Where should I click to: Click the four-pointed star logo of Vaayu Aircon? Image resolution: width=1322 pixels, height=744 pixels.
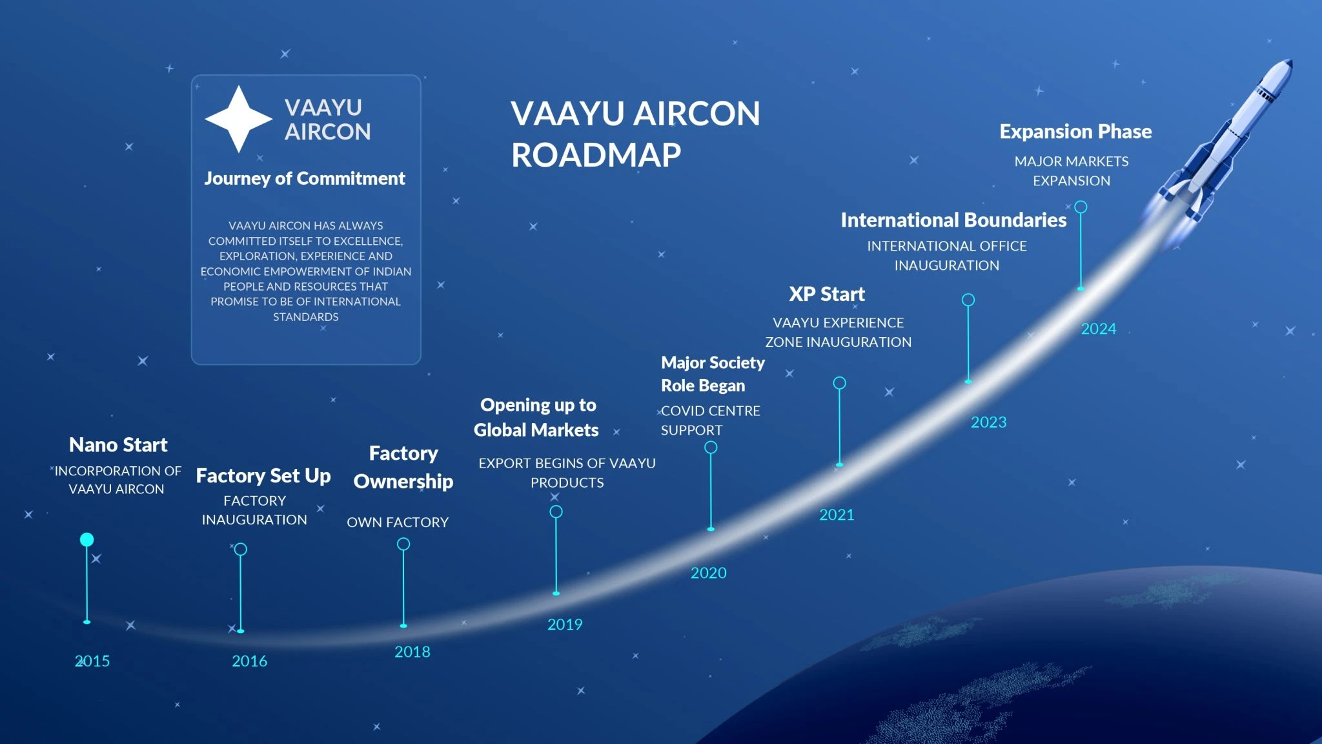pos(238,119)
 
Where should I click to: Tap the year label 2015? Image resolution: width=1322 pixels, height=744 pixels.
pos(92,661)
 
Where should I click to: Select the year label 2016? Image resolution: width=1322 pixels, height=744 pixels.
pos(249,661)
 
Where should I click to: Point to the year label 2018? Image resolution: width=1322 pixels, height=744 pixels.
pos(412,652)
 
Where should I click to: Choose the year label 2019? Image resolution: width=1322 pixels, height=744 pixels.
pos(564,624)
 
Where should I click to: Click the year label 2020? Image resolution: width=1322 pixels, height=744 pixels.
pos(708,573)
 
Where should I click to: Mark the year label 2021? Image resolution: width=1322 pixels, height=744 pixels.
pos(836,515)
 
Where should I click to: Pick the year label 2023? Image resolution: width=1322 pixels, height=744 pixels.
pos(988,422)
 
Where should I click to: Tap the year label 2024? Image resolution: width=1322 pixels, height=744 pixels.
pos(1098,329)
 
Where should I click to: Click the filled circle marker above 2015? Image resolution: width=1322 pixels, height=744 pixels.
pos(86,539)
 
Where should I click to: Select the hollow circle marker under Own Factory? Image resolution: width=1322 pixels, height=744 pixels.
pos(403,544)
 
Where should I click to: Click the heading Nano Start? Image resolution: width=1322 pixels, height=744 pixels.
pos(118,444)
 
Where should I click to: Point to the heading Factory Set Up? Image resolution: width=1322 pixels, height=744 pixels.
pos(263,476)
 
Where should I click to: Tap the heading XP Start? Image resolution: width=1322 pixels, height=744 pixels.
pos(826,294)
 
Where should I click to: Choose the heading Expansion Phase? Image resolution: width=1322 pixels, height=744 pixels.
pos(1075,131)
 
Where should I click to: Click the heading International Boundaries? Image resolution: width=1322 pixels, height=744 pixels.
pos(953,220)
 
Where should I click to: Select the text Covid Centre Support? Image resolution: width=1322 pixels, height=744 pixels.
pos(709,420)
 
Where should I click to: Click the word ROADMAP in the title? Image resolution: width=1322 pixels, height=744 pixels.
pos(596,155)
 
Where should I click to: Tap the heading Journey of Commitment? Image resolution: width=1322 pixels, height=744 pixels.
pos(305,178)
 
